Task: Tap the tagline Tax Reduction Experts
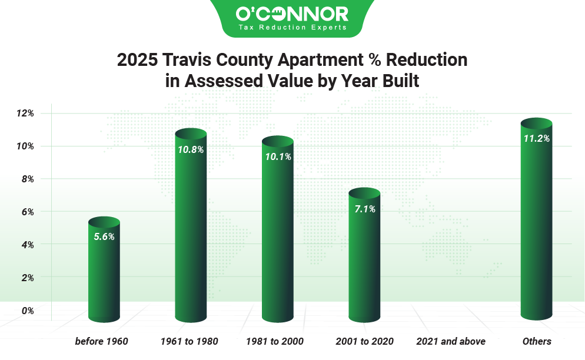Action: pos(292,27)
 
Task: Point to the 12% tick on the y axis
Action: pos(26,113)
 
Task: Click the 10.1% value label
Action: pos(277,157)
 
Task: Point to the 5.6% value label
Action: pos(104,237)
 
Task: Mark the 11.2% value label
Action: pos(536,139)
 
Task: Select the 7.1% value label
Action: pos(365,209)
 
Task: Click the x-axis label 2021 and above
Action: pos(451,341)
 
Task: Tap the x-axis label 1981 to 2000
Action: pos(277,341)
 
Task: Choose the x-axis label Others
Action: pos(537,341)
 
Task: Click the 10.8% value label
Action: pos(191,149)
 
